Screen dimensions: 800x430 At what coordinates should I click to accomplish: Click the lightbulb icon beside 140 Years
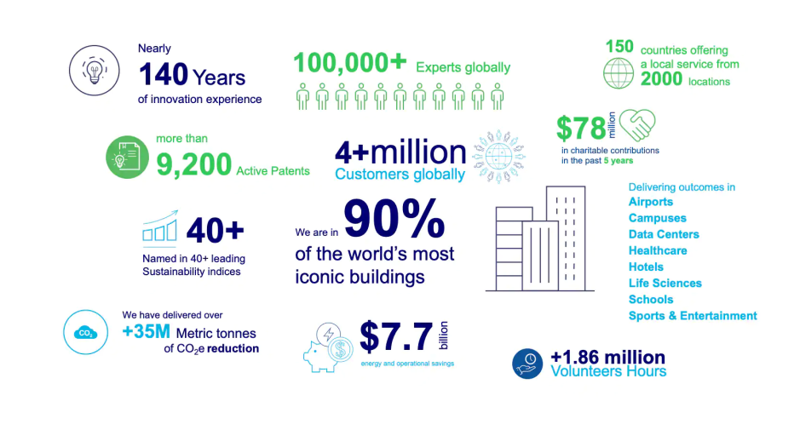(x=95, y=71)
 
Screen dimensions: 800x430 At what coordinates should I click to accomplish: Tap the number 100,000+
(x=350, y=63)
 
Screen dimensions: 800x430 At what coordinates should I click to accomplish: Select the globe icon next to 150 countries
(x=619, y=73)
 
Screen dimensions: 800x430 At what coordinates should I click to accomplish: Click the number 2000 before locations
(x=661, y=79)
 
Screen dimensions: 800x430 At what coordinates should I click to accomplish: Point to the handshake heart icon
(x=636, y=124)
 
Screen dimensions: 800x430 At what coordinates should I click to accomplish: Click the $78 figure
(x=580, y=128)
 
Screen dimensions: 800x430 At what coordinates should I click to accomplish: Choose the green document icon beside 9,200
(x=127, y=158)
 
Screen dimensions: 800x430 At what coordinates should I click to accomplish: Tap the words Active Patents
(x=273, y=171)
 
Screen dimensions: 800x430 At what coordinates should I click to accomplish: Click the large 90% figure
(x=394, y=218)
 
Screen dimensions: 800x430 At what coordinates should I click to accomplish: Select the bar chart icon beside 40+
(x=160, y=226)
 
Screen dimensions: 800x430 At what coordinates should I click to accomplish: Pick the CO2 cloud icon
(x=86, y=332)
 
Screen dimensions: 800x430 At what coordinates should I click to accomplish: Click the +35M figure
(x=147, y=331)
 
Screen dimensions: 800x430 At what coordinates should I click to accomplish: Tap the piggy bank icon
(x=328, y=348)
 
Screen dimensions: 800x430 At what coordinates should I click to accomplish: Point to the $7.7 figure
(x=396, y=337)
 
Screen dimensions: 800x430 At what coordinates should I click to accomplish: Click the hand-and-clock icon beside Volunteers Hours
(x=527, y=364)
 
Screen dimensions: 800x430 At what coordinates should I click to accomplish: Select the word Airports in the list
(x=651, y=202)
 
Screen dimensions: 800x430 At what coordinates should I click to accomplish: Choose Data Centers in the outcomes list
(x=664, y=235)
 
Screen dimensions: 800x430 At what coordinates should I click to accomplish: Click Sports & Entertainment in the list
(x=693, y=316)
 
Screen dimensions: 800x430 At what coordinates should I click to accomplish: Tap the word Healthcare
(x=658, y=251)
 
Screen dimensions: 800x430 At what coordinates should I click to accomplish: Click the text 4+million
(x=400, y=152)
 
